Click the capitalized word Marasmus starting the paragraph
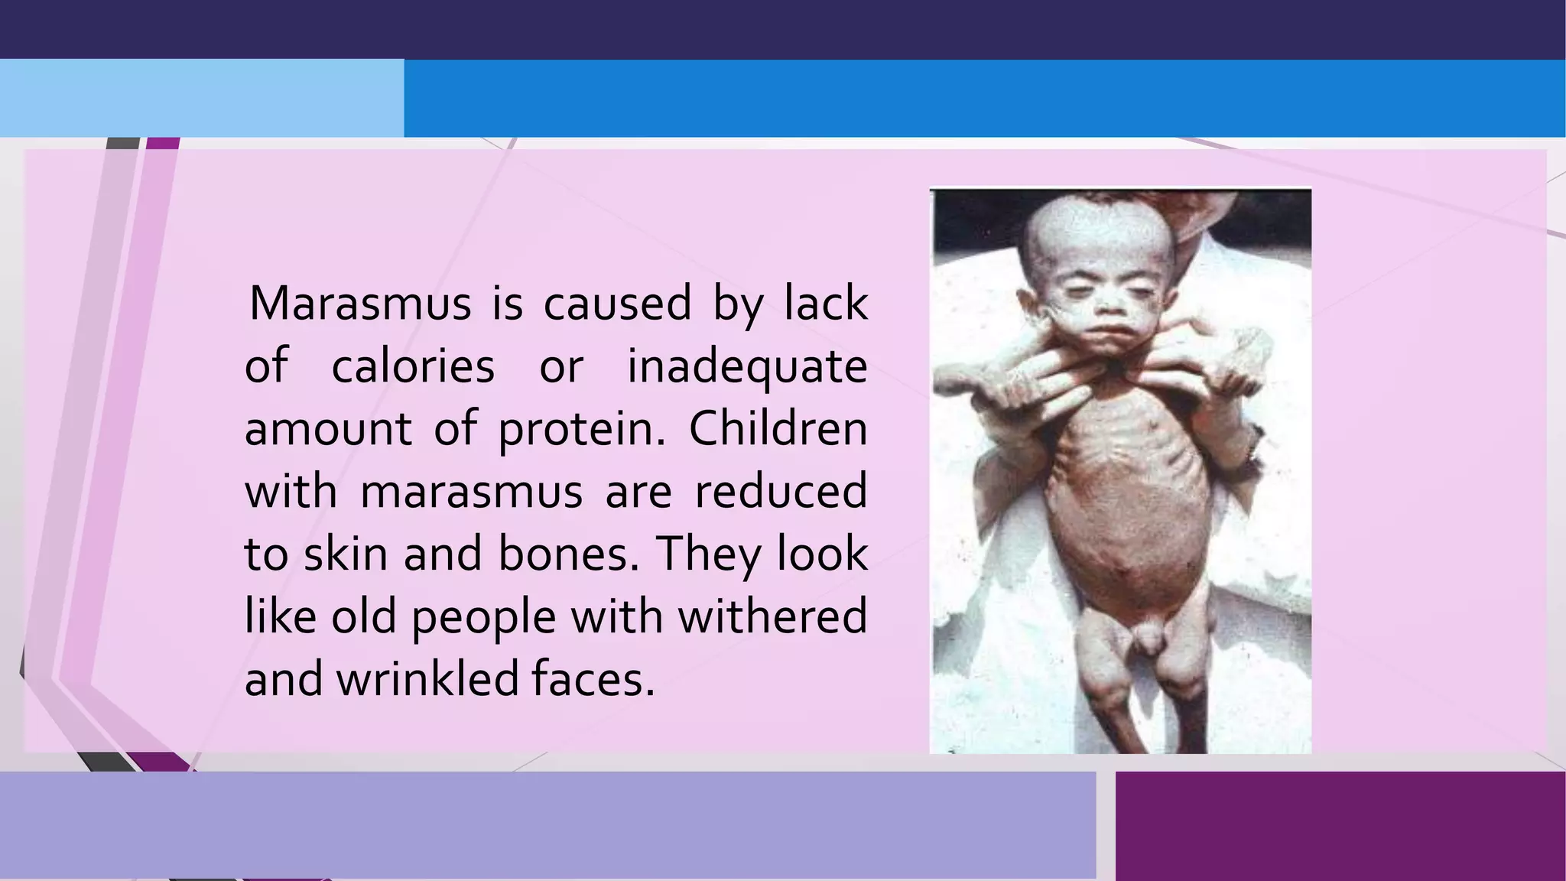[360, 303]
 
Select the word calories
[413, 366]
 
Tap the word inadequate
[747, 366]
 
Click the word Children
[778, 428]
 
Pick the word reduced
[780, 491]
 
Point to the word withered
[772, 616]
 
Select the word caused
[617, 303]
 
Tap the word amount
[328, 430]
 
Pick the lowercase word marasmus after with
[472, 491]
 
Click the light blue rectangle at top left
[202, 98]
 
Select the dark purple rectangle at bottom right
[1340, 826]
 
